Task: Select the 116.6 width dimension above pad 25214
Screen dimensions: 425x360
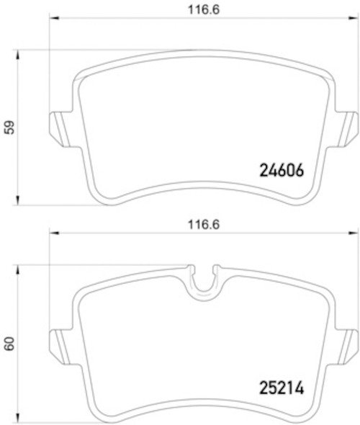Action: coord(202,223)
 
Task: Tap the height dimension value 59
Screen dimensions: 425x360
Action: coord(9,127)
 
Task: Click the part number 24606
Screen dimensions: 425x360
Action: coord(282,171)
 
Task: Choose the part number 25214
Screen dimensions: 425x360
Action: coord(282,387)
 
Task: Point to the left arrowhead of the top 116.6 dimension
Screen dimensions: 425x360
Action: coord(51,17)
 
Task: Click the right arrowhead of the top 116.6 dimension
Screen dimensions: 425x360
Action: coord(354,17)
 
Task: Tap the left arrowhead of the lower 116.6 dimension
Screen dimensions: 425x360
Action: coord(51,232)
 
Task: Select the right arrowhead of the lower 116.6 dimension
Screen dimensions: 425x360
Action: coord(354,232)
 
